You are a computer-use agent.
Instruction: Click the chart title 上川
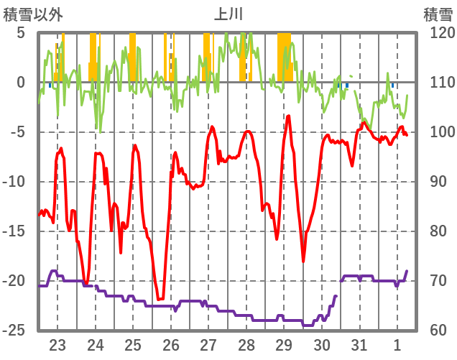pos(228,14)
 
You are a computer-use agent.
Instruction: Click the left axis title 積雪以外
pos(33,14)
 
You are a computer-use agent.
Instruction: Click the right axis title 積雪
pos(438,14)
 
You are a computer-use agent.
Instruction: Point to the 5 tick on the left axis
pos(20,33)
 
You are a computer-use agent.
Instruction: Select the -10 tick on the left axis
pos(15,182)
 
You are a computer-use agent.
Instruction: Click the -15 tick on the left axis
pos(15,231)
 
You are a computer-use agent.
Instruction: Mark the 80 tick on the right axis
pos(438,231)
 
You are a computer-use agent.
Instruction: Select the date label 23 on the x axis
pos(57,344)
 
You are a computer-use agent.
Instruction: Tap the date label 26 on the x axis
pos(171,344)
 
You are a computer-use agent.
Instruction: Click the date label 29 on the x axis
pos(284,344)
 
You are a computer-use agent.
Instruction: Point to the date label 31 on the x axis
pos(359,344)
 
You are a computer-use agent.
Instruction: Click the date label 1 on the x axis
pos(397,344)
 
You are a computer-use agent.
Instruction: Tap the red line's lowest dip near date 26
pos(160,299)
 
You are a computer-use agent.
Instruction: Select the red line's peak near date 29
pos(289,116)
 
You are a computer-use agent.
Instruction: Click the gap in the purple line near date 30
pos(338,287)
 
